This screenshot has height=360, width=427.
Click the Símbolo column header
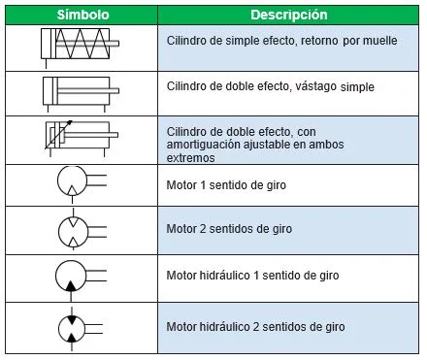point(81,16)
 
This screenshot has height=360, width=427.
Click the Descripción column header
point(288,16)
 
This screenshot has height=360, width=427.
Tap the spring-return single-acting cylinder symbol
point(81,45)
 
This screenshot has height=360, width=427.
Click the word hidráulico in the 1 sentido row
point(228,277)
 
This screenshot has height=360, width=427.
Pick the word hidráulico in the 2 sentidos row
point(228,326)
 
